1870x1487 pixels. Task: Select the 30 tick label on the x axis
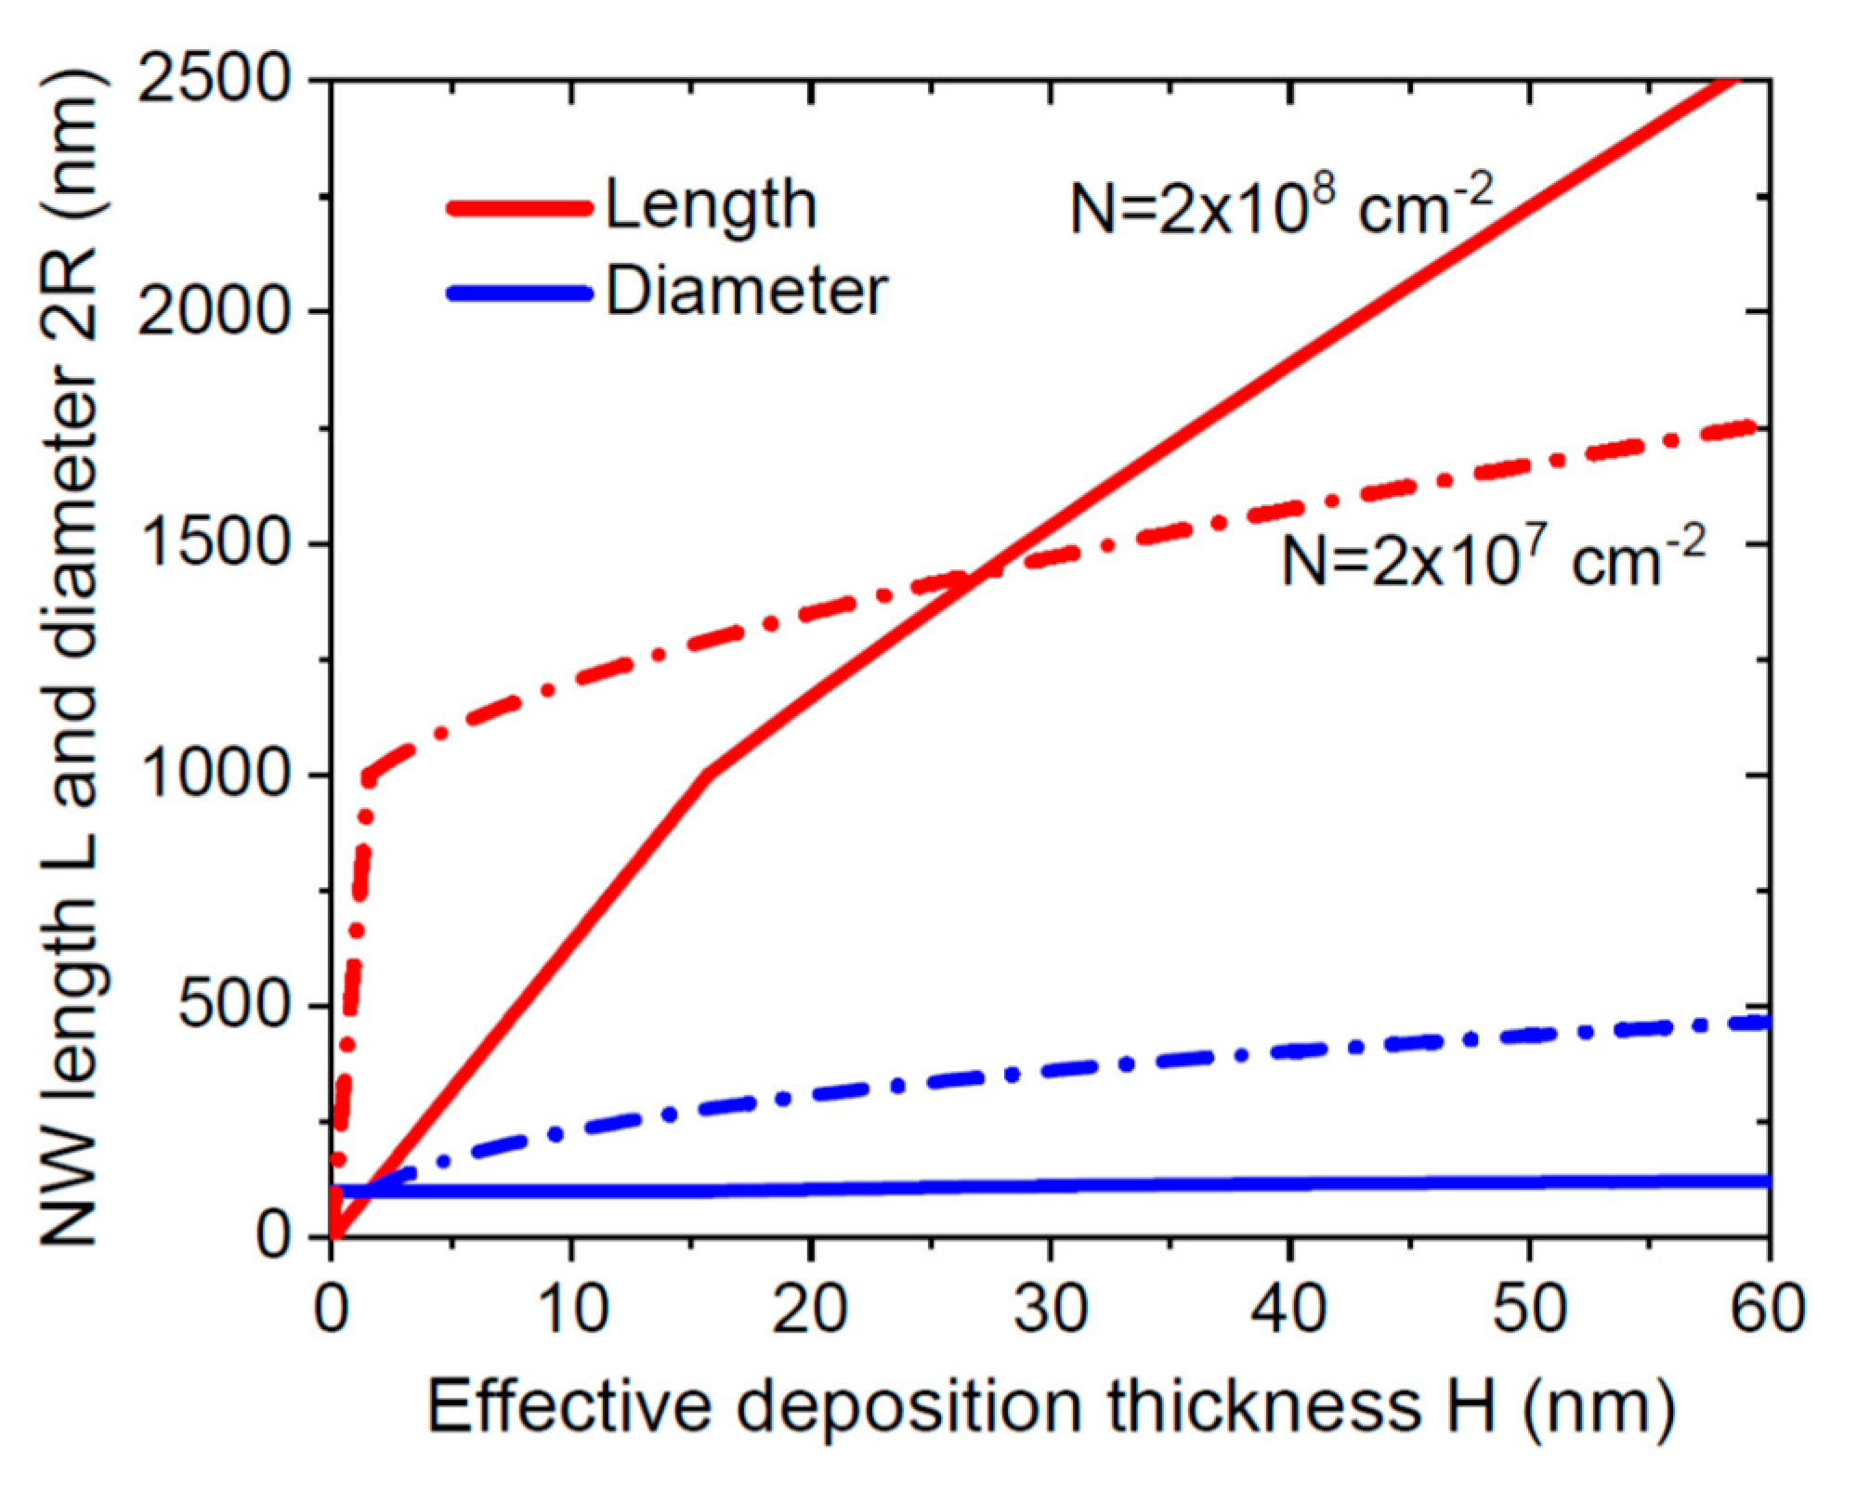[1050, 1311]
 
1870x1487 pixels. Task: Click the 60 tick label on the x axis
[1768, 1311]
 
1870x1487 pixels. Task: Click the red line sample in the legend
[519, 207]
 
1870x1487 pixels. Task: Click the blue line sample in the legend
[519, 293]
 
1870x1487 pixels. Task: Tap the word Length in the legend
[712, 205]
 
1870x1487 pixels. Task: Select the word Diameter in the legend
[747, 292]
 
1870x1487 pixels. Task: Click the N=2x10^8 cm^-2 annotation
[1281, 206]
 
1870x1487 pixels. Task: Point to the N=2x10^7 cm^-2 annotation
[1493, 559]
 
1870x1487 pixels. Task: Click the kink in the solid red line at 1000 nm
[708, 773]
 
